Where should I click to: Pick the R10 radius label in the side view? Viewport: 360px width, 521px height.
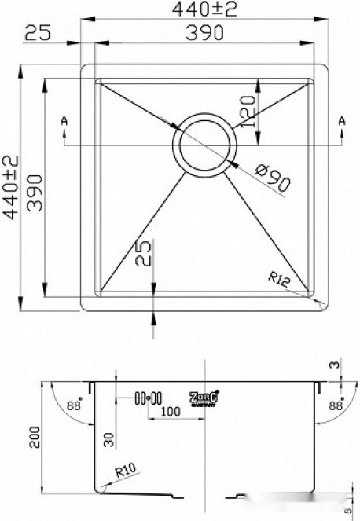pyautogui.click(x=125, y=473)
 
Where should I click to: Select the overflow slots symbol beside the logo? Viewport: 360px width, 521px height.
pyautogui.click(x=148, y=398)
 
